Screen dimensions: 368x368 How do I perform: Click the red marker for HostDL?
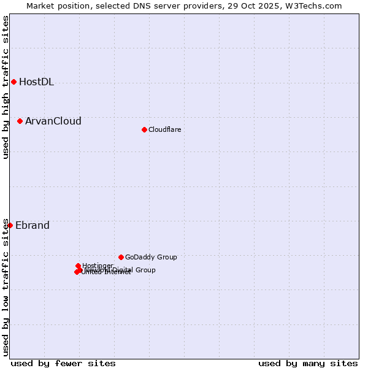13,82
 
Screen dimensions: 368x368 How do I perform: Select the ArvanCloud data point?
20,121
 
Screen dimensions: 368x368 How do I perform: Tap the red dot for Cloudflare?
144,129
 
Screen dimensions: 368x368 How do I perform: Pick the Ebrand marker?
10,226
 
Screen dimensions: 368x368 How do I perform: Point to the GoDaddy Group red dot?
121,257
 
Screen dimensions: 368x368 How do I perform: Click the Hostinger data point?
79,266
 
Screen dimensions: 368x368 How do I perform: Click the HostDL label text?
36,82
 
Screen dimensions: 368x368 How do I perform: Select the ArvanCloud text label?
53,121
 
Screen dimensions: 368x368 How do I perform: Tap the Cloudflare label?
164,129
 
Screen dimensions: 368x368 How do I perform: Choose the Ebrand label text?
32,226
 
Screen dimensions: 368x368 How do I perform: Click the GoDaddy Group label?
151,257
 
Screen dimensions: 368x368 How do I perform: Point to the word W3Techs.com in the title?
315,6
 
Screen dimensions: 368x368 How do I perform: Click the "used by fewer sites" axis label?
63,363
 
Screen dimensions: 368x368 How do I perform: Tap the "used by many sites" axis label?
308,363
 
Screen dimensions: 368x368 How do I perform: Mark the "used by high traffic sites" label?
6,87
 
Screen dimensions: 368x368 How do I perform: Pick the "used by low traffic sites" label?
6,286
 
